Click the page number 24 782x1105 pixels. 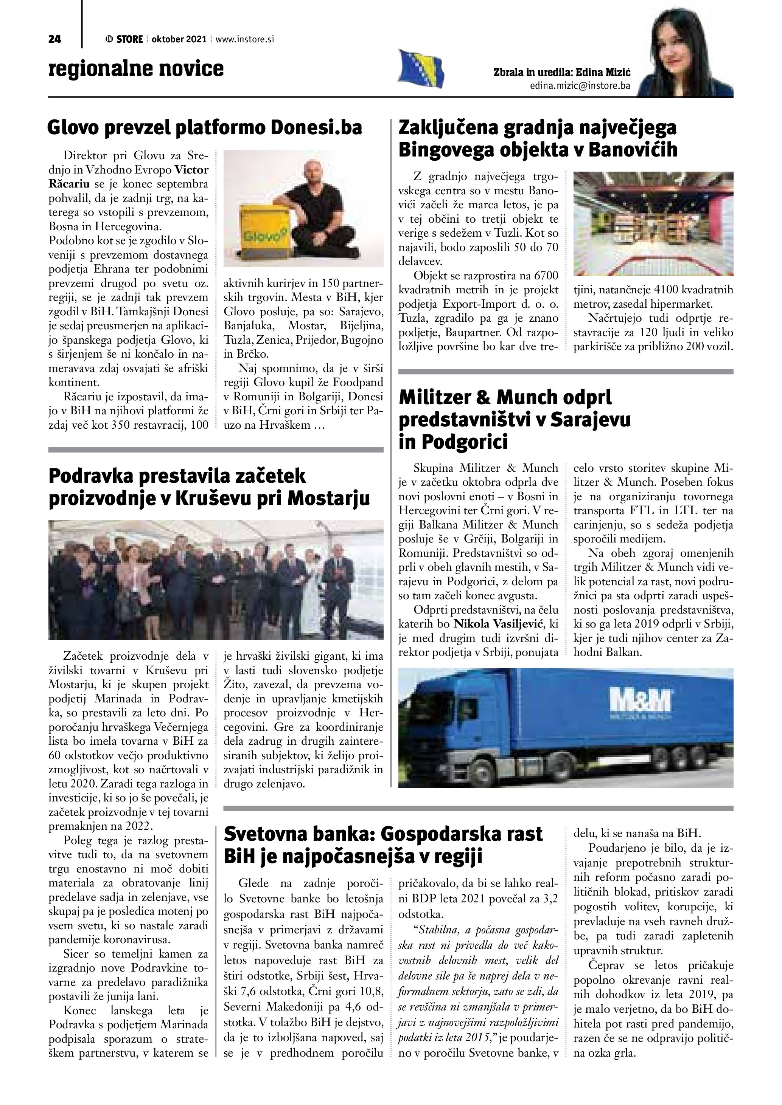coord(54,39)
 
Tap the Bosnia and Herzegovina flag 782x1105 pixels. coord(420,69)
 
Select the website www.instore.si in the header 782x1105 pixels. coord(245,39)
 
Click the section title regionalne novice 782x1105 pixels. coord(136,69)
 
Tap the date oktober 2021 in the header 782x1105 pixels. coord(179,39)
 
